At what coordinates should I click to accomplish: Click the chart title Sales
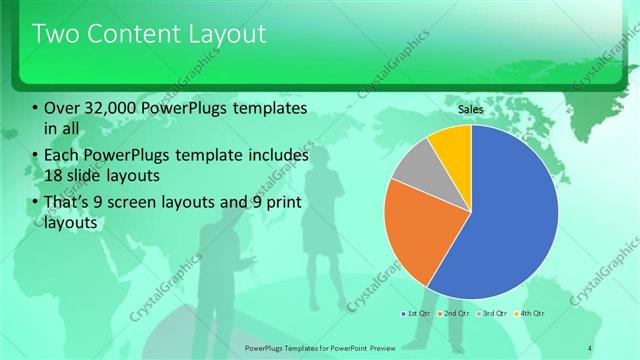point(470,108)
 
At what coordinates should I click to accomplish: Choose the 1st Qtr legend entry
point(416,315)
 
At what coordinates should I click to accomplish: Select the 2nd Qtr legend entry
point(454,315)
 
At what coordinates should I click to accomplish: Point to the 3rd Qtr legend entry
point(493,315)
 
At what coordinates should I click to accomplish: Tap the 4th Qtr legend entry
point(531,315)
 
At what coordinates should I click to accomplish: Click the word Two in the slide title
point(56,34)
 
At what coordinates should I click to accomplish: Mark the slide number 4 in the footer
point(590,347)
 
